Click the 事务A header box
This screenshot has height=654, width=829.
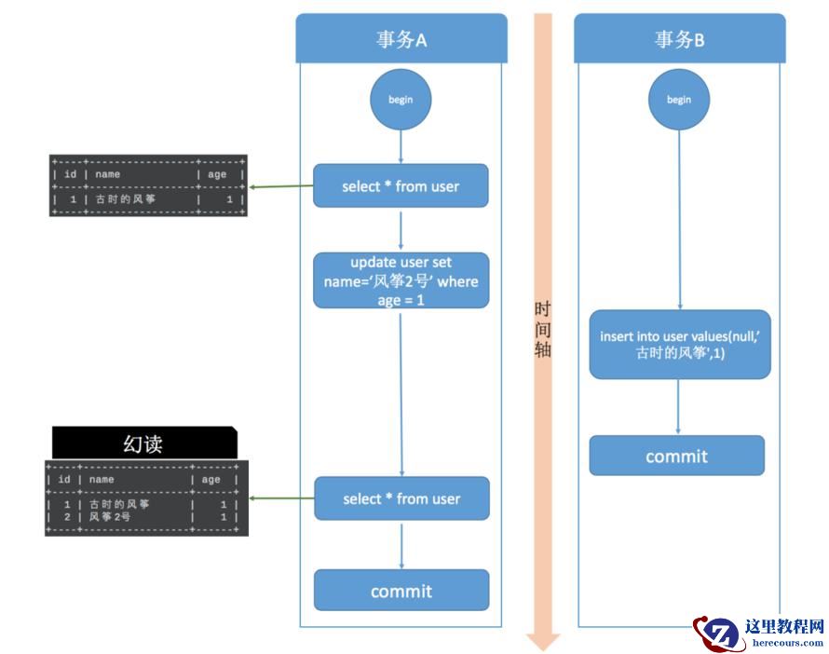(x=401, y=39)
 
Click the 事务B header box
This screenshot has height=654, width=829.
(x=679, y=39)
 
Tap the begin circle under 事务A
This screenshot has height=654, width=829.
(x=401, y=100)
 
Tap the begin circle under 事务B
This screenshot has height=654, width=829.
(x=679, y=100)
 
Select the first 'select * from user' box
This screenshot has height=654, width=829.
(x=401, y=186)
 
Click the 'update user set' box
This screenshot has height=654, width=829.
(x=401, y=279)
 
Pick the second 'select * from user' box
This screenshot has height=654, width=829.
(x=401, y=498)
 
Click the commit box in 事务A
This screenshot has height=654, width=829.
(x=401, y=591)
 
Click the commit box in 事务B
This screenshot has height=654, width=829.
(x=676, y=456)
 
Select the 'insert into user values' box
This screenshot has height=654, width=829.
(x=679, y=345)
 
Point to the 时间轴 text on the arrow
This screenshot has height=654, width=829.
(x=542, y=330)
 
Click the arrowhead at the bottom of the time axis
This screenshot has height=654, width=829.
(x=542, y=641)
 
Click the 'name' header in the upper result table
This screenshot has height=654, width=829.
(x=108, y=174)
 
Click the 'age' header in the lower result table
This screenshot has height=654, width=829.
(x=211, y=480)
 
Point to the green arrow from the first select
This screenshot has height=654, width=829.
(x=281, y=186)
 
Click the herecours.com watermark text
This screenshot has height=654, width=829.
(x=787, y=643)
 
